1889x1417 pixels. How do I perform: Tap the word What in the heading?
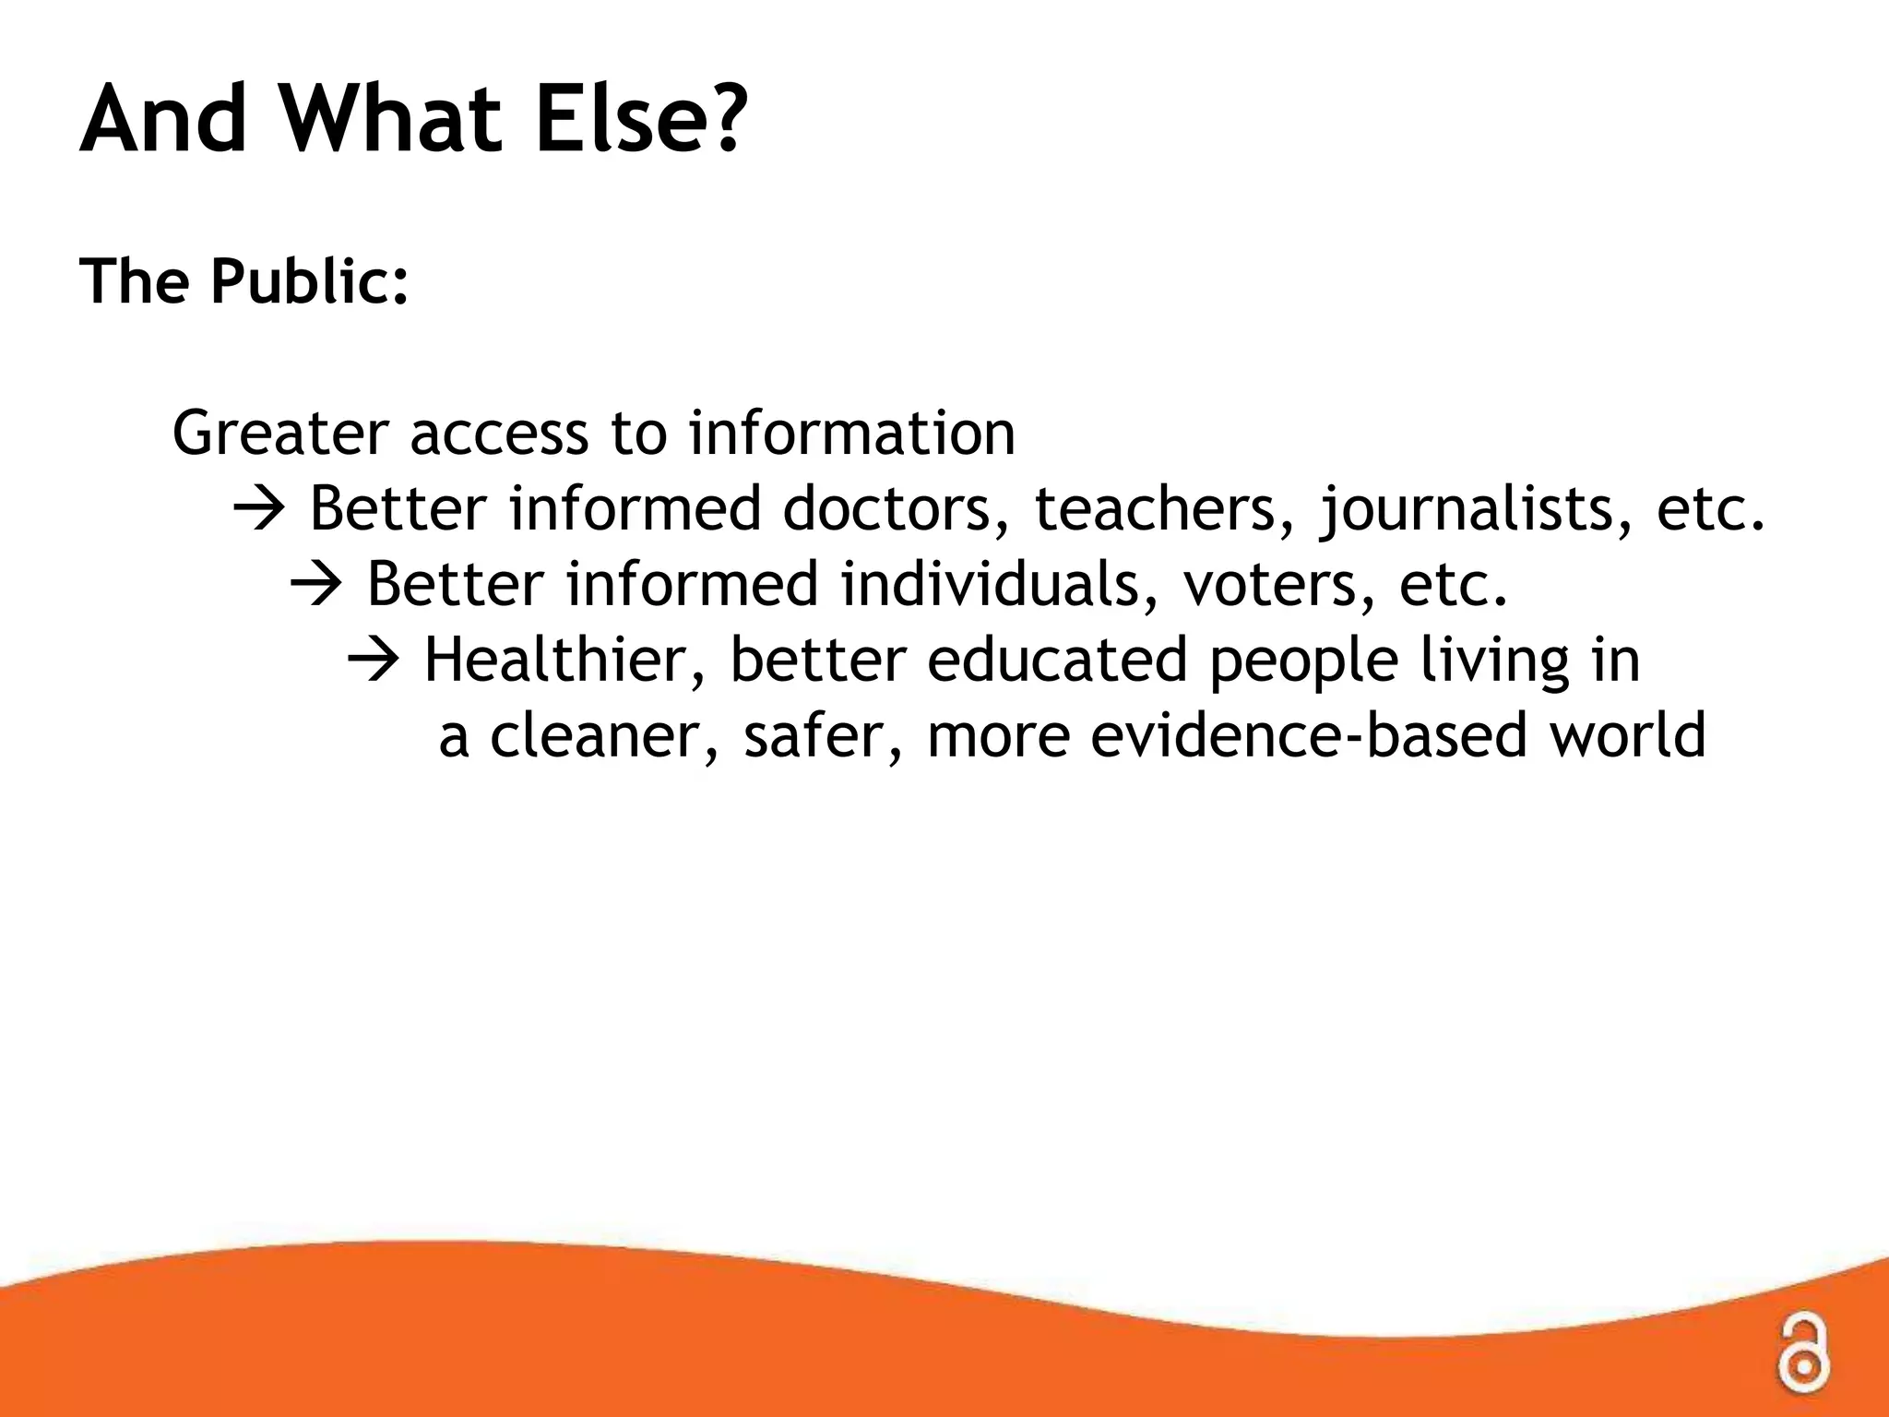391,120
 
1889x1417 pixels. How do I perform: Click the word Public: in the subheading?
310,280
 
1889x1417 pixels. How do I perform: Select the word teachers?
1166,509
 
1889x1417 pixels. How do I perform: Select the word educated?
1057,661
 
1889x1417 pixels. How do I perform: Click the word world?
1627,736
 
